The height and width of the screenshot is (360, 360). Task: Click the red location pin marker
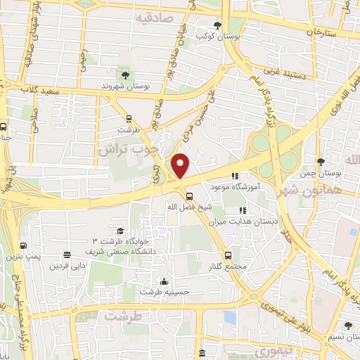181,165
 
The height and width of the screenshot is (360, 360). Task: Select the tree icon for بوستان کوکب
226,25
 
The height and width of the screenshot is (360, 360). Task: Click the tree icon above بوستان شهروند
125,75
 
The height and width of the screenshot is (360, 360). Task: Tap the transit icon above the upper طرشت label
128,119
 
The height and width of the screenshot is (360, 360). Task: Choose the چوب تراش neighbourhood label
140,148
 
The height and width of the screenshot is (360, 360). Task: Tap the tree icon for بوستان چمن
321,161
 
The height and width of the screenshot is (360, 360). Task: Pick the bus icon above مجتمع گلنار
227,255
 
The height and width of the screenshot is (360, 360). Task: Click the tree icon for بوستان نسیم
348,325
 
